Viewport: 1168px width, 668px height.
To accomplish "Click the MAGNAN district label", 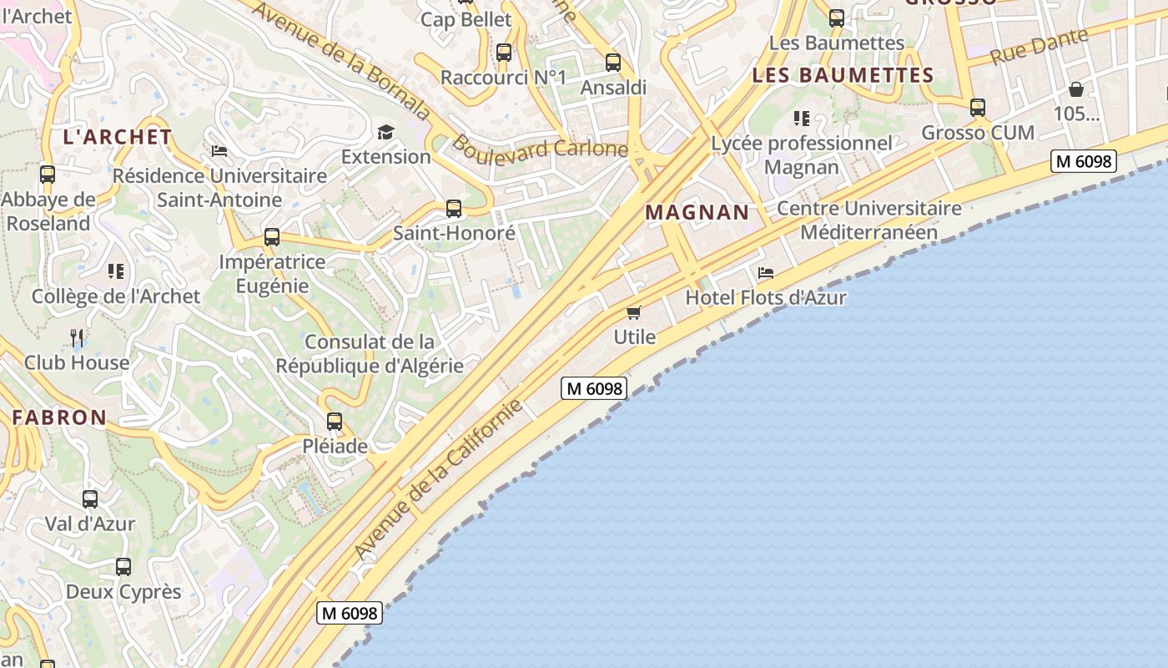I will click(x=697, y=212).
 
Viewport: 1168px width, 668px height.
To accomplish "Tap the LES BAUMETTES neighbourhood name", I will click(x=843, y=75).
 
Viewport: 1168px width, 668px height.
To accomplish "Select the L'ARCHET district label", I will click(x=118, y=137).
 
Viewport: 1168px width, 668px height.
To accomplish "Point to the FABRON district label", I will click(x=59, y=417).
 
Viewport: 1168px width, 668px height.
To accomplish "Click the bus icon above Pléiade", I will click(x=335, y=422).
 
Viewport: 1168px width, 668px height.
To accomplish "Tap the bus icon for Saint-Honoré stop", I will click(x=454, y=208).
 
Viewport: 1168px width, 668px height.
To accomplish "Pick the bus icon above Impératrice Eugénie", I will click(x=272, y=237).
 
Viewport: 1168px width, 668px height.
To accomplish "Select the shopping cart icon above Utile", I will click(x=634, y=312).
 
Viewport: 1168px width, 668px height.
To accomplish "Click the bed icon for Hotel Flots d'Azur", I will click(x=766, y=273).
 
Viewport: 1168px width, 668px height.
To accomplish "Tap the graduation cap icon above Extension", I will click(x=385, y=132).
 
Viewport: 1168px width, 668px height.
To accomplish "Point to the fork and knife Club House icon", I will click(x=77, y=337).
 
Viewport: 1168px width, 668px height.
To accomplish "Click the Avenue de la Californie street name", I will click(x=437, y=480).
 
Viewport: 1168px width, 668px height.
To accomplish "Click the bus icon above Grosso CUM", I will click(x=978, y=108).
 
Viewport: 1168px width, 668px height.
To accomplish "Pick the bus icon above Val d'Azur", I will click(x=90, y=499).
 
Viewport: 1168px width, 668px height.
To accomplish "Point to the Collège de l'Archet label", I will click(x=116, y=296).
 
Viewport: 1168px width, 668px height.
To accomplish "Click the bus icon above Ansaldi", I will click(x=613, y=63).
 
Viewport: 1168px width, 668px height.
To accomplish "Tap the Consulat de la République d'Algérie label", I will click(x=370, y=353).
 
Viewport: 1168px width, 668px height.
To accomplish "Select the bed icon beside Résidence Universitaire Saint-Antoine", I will click(x=219, y=151).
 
